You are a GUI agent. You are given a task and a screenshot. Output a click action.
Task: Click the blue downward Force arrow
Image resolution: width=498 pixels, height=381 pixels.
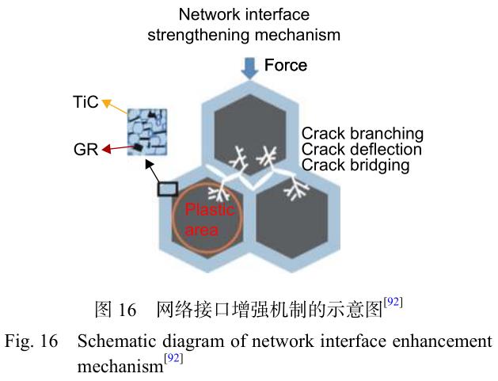(x=249, y=69)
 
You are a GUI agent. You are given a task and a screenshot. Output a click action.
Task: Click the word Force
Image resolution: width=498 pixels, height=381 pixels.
(x=286, y=65)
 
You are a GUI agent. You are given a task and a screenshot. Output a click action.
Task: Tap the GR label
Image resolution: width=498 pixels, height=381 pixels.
(x=86, y=150)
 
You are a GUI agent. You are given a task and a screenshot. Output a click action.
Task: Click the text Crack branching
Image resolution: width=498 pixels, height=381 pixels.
(x=363, y=134)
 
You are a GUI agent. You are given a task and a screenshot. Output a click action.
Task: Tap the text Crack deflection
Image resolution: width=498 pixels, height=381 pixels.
(x=362, y=150)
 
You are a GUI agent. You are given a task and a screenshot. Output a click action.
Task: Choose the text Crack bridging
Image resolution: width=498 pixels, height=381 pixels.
(x=355, y=166)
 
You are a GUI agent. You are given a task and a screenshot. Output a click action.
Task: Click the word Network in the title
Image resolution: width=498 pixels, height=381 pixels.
(x=208, y=14)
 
